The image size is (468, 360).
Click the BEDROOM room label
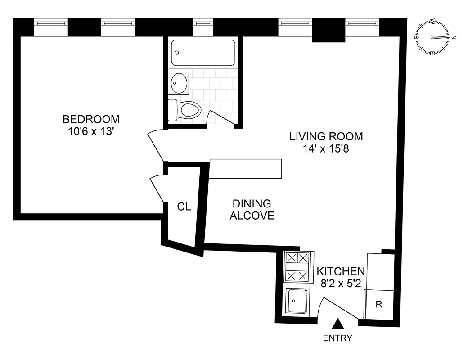point(91,119)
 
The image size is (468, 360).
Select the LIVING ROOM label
point(326,136)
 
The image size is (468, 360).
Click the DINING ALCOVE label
point(252,210)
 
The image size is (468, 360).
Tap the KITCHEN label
point(340,272)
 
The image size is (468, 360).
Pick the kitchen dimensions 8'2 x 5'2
point(340,283)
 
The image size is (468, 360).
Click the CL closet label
point(184,207)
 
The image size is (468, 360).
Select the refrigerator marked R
point(379,305)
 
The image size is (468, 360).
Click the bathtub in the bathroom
point(203,53)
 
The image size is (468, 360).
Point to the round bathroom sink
point(180,83)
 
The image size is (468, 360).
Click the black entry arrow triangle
point(339,324)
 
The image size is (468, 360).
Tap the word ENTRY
point(337,338)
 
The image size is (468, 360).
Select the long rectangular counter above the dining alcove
point(246,169)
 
